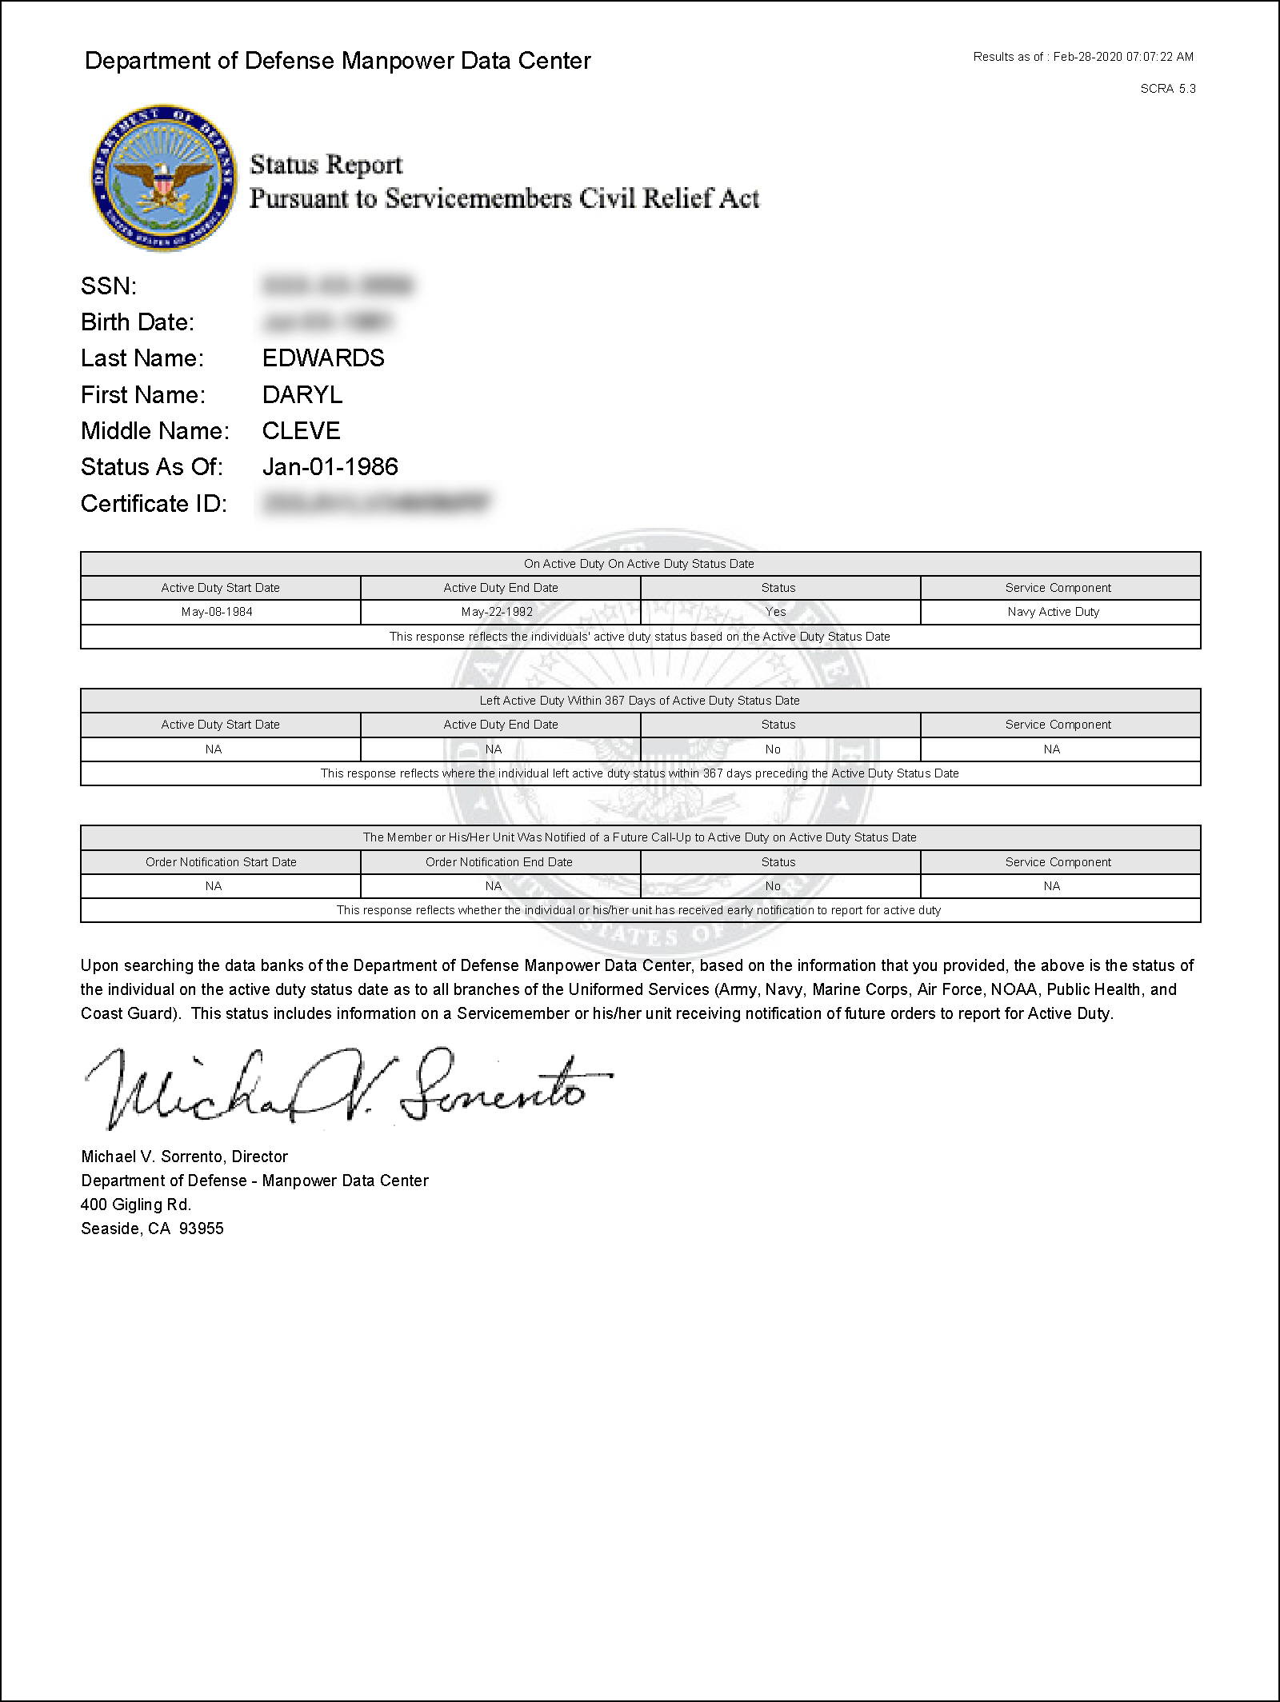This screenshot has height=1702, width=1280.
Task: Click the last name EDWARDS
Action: [323, 358]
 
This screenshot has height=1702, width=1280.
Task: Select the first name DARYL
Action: [302, 395]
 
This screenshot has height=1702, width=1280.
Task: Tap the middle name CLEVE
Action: [302, 431]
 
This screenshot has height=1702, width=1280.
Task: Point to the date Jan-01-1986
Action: [330, 467]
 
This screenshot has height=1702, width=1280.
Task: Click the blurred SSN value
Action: [337, 286]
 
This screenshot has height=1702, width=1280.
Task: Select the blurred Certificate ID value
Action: [374, 503]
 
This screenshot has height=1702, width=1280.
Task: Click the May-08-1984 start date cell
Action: [217, 612]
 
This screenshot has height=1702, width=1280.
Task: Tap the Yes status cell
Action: [776, 612]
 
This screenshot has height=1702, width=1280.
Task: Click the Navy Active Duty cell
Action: [1054, 612]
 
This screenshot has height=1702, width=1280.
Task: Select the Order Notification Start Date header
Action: [221, 862]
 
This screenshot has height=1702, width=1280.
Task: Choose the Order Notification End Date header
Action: [499, 862]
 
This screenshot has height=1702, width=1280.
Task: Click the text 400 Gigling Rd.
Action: [136, 1205]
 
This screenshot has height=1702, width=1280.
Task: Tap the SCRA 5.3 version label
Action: [1168, 89]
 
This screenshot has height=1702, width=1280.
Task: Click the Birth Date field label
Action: [138, 322]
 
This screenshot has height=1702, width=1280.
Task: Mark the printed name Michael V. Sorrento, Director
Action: [184, 1157]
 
